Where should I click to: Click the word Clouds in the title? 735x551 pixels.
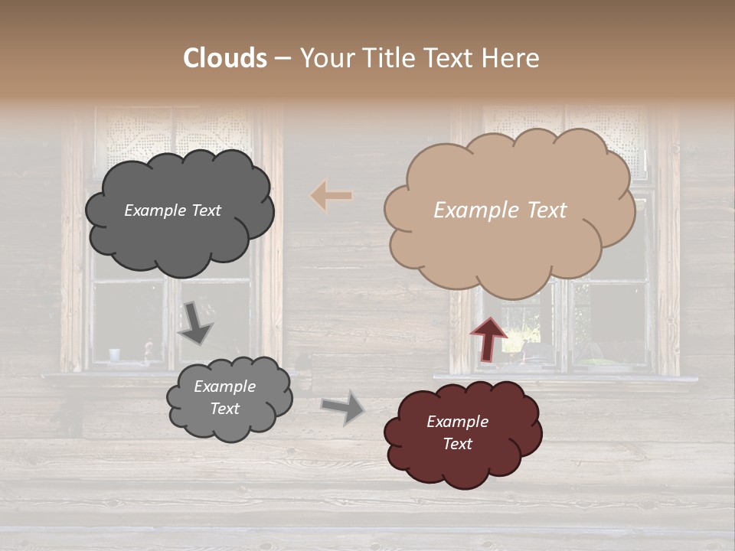tap(225, 58)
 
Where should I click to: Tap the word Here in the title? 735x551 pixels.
tap(512, 58)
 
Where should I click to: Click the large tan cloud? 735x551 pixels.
tap(509, 245)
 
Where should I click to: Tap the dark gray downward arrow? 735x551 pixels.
tap(195, 323)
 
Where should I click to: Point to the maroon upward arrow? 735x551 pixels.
tap(488, 338)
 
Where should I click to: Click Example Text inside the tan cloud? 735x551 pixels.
tap(500, 210)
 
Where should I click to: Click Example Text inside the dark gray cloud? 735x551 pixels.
tap(172, 210)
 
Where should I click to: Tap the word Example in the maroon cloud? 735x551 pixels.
tap(457, 422)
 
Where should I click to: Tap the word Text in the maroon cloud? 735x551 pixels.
tap(457, 444)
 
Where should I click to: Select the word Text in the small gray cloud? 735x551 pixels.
tap(224, 409)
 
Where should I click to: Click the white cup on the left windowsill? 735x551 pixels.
tap(115, 354)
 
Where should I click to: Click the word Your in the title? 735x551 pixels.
tap(325, 58)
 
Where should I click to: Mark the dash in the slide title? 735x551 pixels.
tap(282, 59)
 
